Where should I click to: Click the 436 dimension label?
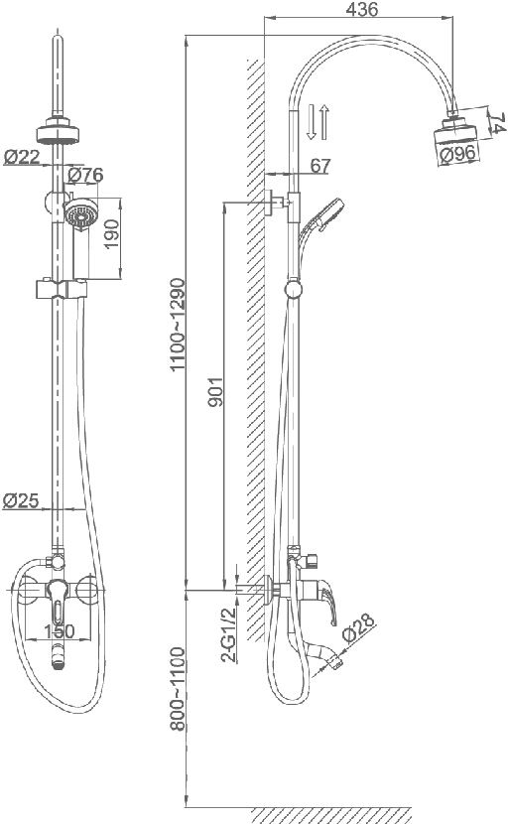(362, 9)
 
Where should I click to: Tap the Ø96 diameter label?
(457, 154)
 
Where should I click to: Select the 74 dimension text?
(498, 123)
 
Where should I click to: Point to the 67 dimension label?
(319, 166)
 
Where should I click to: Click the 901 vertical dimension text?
(215, 391)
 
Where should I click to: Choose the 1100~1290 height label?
(178, 324)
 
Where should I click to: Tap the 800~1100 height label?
(178, 688)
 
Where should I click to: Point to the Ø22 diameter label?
(22, 156)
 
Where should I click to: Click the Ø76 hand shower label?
(85, 175)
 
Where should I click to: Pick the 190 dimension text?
(111, 234)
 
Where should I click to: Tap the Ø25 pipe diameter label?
(21, 500)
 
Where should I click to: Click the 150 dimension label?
(59, 630)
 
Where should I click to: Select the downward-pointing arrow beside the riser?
(311, 121)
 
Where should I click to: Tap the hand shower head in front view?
(81, 212)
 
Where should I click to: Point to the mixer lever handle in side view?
(325, 601)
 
